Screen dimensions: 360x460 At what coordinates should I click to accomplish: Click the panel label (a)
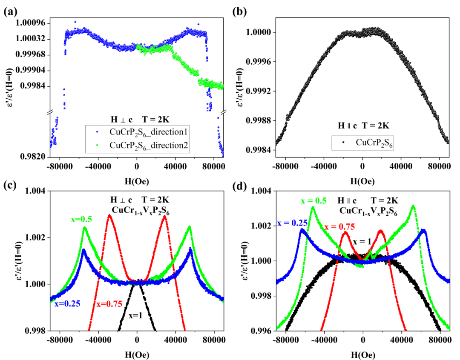[10, 11]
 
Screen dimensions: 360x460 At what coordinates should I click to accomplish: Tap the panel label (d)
[239, 186]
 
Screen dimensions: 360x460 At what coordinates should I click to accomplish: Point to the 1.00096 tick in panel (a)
[33, 23]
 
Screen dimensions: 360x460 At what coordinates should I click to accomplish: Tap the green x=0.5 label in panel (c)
[82, 219]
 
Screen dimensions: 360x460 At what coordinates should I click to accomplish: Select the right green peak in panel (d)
[413, 206]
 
